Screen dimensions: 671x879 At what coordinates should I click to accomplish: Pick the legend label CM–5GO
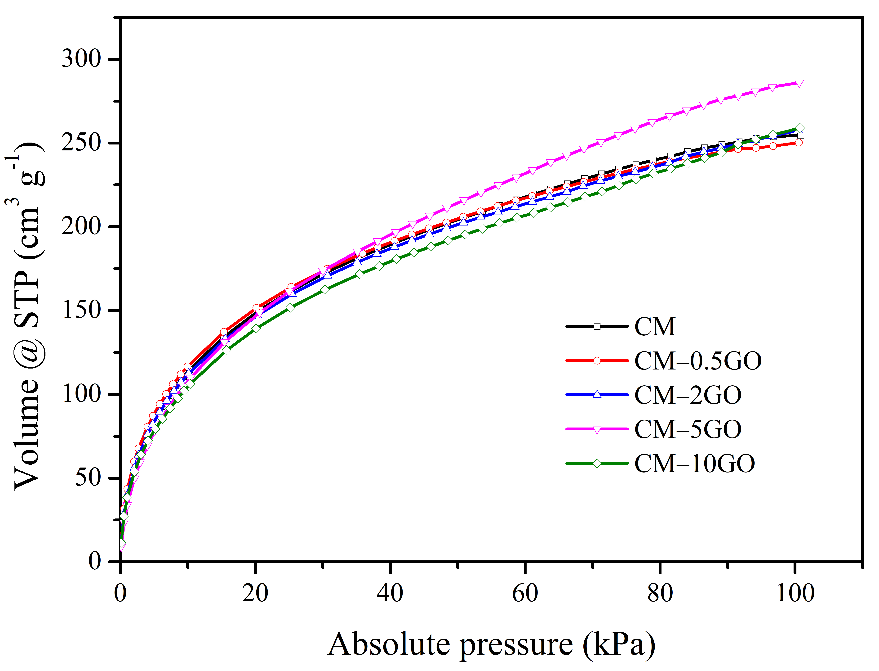[688, 429]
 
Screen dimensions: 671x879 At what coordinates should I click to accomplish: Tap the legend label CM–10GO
[695, 463]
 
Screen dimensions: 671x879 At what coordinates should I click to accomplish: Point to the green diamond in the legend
[597, 463]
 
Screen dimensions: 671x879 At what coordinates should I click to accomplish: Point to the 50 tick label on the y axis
[88, 478]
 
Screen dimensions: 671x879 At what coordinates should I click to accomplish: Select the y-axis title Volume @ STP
[28, 315]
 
